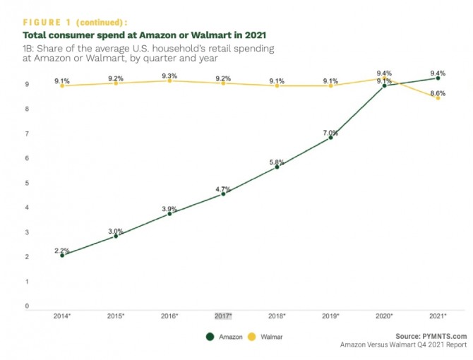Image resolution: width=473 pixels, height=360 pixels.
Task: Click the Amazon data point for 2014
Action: [62, 256]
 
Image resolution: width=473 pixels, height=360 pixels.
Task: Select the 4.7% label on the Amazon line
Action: [223, 189]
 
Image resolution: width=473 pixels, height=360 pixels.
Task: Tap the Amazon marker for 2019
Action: [330, 138]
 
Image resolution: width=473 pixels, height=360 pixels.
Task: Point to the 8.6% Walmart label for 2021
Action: [438, 93]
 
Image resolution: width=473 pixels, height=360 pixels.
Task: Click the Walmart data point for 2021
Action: [438, 98]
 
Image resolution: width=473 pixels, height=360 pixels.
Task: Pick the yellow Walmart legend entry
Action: [268, 336]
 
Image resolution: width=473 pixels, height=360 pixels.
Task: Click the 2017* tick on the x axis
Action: [223, 316]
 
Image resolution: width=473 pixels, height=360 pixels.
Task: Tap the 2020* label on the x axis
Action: [385, 316]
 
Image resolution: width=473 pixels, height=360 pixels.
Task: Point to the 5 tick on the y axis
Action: [28, 183]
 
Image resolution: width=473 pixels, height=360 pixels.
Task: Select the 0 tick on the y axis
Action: [28, 307]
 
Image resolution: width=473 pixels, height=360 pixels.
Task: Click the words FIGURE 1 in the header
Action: [49, 22]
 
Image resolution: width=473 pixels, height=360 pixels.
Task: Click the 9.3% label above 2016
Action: [169, 76]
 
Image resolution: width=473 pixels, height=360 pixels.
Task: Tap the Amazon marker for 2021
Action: [438, 78]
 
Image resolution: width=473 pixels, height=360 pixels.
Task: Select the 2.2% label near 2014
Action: [62, 251]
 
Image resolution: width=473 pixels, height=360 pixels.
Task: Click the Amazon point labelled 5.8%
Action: [277, 167]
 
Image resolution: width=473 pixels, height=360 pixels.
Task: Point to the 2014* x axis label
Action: [62, 316]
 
